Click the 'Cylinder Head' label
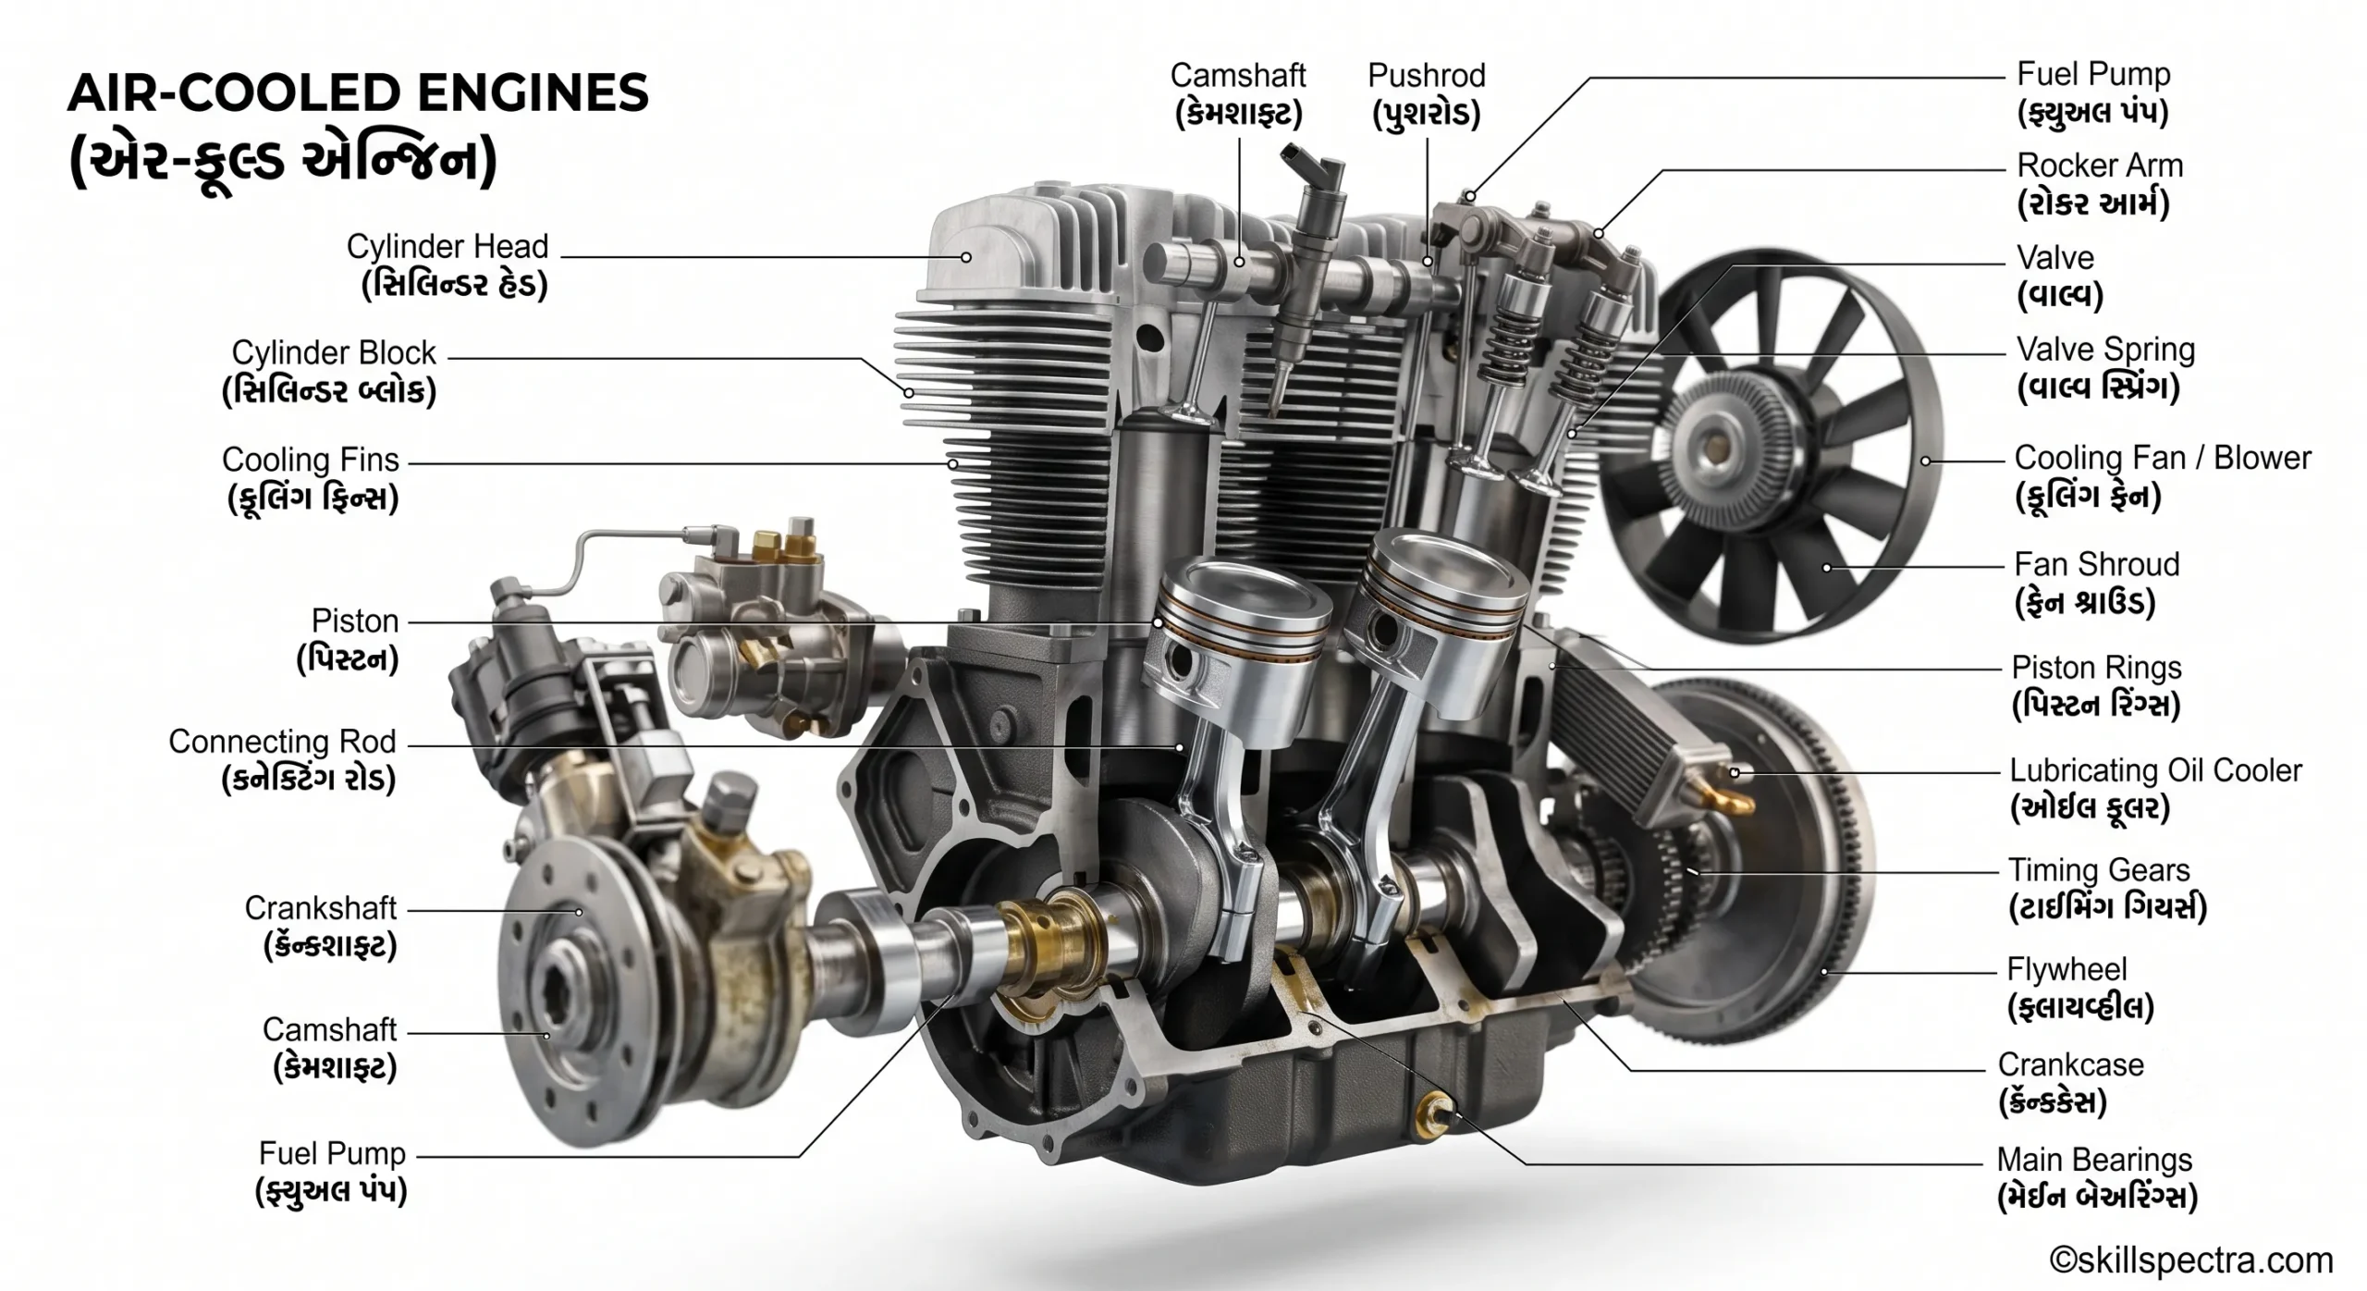[x=448, y=247]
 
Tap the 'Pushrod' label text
[x=1427, y=76]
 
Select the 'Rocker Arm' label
[x=2100, y=166]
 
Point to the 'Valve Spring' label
[x=2105, y=350]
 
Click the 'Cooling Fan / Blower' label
[x=2163, y=458]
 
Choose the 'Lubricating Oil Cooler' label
[x=2155, y=770]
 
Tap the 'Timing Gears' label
[x=2099, y=870]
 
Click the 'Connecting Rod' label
[x=282, y=742]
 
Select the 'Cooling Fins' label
[x=311, y=460]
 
